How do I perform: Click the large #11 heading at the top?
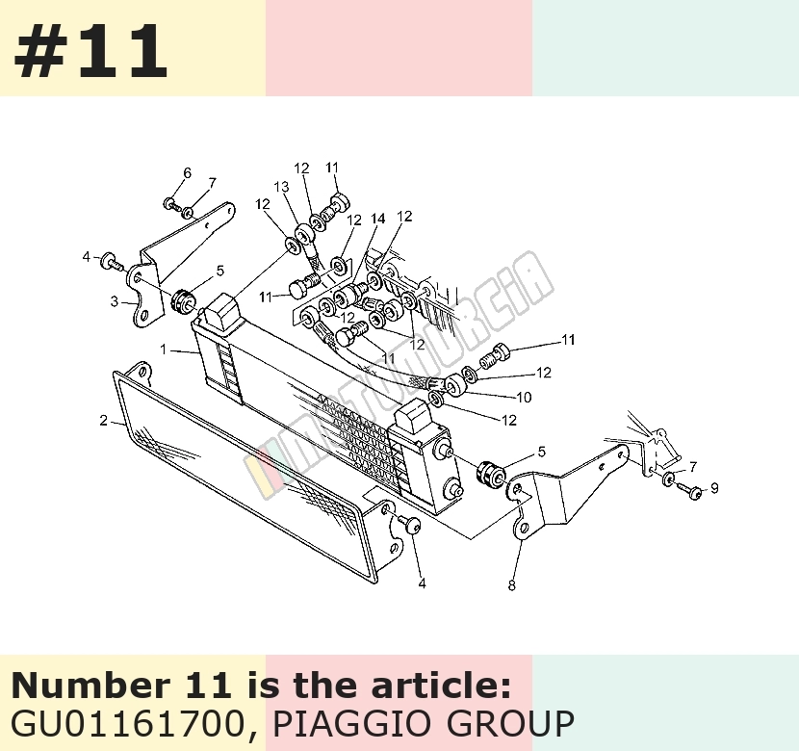pyautogui.click(x=90, y=51)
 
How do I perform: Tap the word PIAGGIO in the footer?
pyautogui.click(x=338, y=723)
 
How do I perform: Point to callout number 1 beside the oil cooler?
pyautogui.click(x=163, y=350)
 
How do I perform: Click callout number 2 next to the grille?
pyautogui.click(x=103, y=421)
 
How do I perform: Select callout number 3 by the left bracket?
pyautogui.click(x=115, y=301)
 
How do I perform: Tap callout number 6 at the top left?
pyautogui.click(x=187, y=173)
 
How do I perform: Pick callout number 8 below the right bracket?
pyautogui.click(x=511, y=585)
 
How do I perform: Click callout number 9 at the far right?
pyautogui.click(x=714, y=488)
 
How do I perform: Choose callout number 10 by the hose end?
pyautogui.click(x=525, y=397)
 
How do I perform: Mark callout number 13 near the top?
pyautogui.click(x=281, y=187)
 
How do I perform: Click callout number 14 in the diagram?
pyautogui.click(x=377, y=219)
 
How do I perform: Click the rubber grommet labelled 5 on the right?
pyautogui.click(x=490, y=474)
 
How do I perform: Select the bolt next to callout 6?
pyautogui.click(x=171, y=205)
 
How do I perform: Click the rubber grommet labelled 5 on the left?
pyautogui.click(x=183, y=301)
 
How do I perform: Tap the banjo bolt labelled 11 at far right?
pyautogui.click(x=494, y=355)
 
